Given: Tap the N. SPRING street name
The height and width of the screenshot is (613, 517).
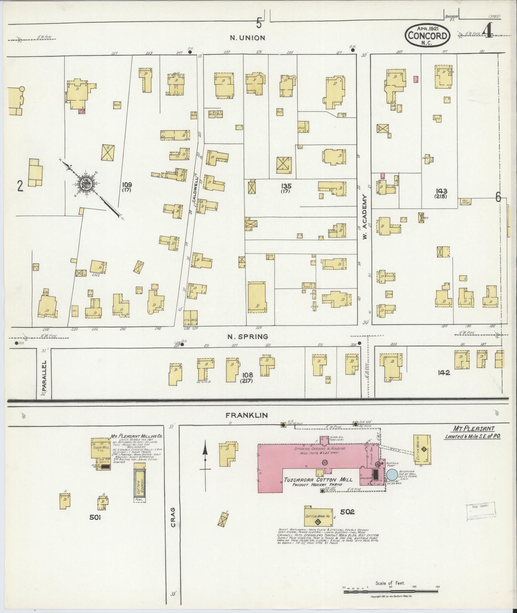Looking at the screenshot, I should (x=247, y=336).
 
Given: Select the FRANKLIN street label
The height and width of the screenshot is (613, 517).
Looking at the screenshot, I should (x=246, y=415).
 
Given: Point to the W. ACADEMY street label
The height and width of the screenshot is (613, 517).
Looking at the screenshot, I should (x=364, y=212).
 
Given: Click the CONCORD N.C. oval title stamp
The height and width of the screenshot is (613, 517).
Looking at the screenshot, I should (x=428, y=36).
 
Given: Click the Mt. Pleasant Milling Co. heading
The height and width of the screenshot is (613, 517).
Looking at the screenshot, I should (x=137, y=436).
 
